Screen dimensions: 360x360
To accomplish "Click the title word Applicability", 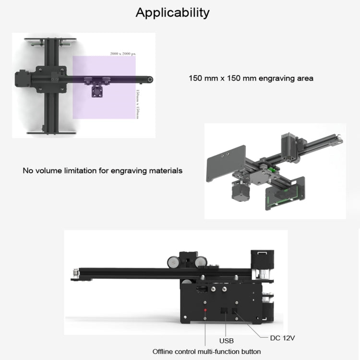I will [x=172, y=12].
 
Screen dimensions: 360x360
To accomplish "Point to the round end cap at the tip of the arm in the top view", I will [x=150, y=79].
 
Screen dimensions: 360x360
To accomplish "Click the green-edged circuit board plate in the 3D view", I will [x=285, y=193].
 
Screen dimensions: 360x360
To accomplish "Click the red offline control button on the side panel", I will [x=206, y=311].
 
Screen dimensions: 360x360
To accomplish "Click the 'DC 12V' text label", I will [x=282, y=338].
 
